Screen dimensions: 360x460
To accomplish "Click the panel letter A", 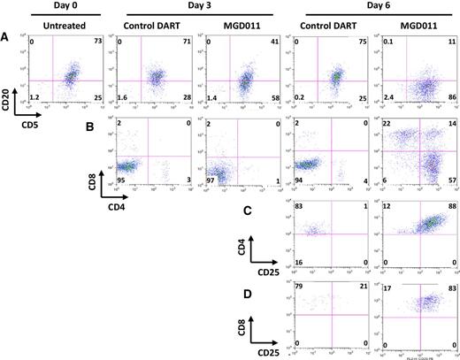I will tap(8, 37).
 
